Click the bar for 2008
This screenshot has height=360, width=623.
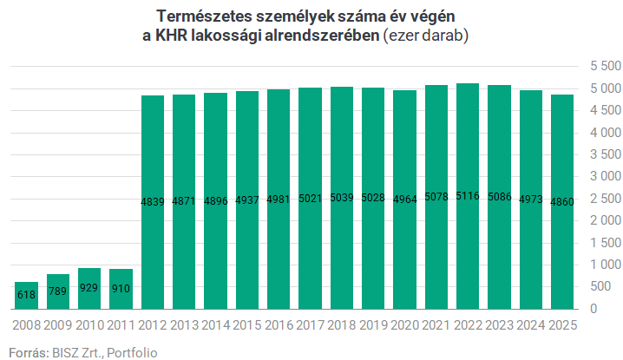pos(26,295)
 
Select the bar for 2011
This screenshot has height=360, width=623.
pos(121,289)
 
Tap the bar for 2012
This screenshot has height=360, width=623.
pos(152,202)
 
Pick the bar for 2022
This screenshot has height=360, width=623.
pos(468,196)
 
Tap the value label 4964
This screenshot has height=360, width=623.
pos(404,200)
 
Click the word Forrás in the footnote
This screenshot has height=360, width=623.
pos(27,352)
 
